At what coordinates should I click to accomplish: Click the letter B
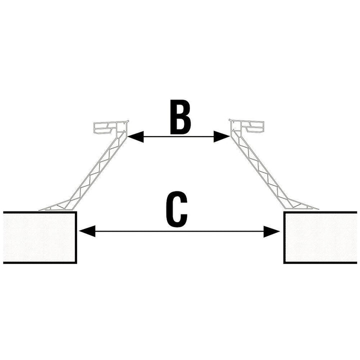(x=180, y=118)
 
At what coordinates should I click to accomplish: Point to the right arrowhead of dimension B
(x=221, y=135)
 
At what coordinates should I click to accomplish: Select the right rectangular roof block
(x=320, y=237)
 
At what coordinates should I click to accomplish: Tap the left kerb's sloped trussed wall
(x=95, y=170)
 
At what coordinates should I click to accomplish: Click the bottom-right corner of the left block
(x=76, y=262)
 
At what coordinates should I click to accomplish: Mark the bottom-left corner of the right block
(x=284, y=262)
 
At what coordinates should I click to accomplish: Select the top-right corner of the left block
(x=76, y=212)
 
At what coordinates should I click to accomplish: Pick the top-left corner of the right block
(x=284, y=212)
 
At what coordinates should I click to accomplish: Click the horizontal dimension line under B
(x=178, y=135)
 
